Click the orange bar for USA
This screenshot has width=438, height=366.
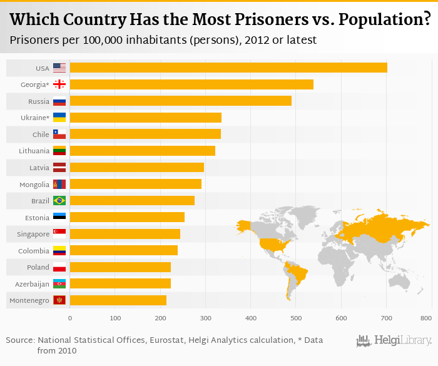point(228,68)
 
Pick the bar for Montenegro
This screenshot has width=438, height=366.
point(118,300)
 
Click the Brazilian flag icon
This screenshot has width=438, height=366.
point(59,201)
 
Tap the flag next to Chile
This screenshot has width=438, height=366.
point(59,134)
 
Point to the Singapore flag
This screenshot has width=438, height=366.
point(59,234)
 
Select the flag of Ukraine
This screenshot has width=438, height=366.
point(59,118)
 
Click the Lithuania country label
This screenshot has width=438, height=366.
point(34,151)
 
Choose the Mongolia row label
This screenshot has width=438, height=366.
point(34,185)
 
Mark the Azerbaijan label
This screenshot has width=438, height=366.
point(32,284)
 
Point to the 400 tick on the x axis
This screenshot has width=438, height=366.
point(250,318)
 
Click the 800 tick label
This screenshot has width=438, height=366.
point(427,318)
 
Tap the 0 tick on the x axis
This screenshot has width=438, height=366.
point(70,318)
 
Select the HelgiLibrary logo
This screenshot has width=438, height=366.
point(394,340)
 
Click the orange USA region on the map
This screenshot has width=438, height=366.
point(270,243)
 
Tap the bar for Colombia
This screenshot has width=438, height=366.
point(124,250)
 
